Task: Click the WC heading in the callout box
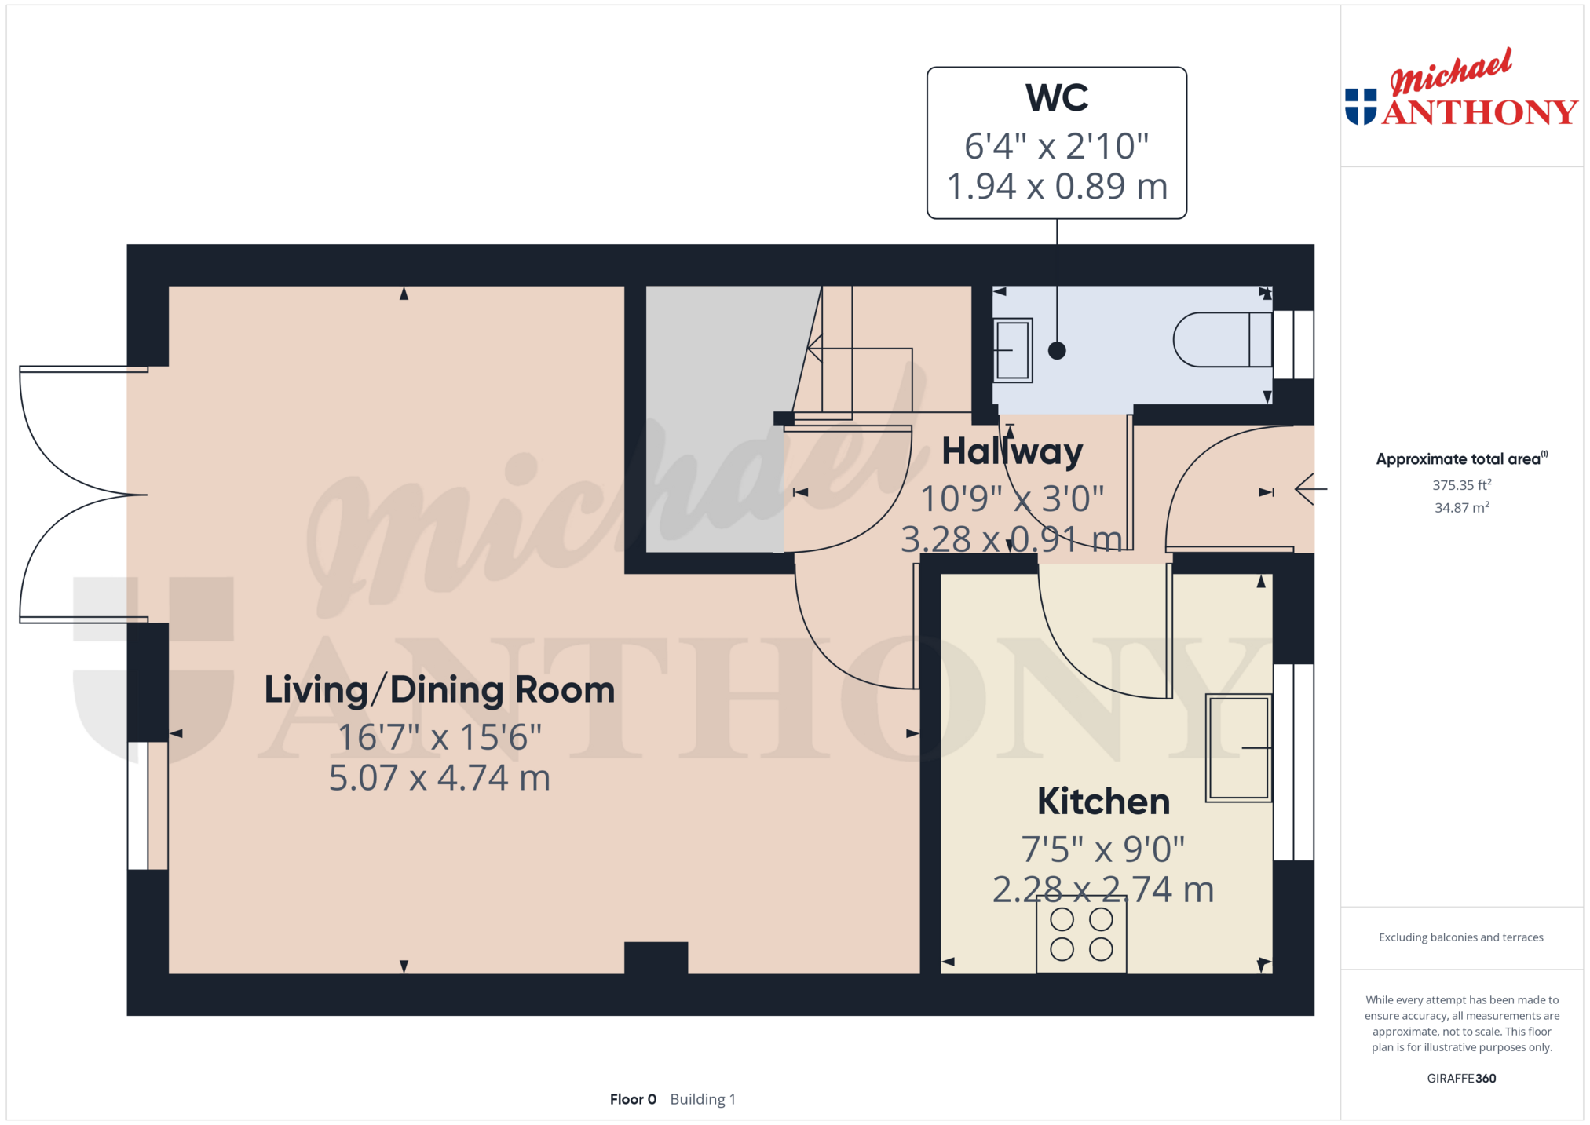click(x=1057, y=98)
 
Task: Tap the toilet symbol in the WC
click(x=1223, y=340)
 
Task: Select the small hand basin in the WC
click(x=1013, y=350)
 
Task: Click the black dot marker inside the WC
click(x=1057, y=351)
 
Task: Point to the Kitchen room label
click(x=1103, y=802)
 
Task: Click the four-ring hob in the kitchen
click(x=1081, y=934)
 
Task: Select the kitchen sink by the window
click(x=1239, y=747)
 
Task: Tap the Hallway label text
click(x=1012, y=451)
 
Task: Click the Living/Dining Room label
click(x=440, y=690)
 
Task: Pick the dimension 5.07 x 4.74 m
click(x=440, y=778)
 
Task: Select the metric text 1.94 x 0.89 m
click(x=1057, y=187)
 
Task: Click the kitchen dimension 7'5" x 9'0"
click(x=1103, y=849)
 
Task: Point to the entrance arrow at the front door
click(x=1310, y=489)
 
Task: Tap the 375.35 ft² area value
click(x=1461, y=485)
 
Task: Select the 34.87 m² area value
click(x=1461, y=508)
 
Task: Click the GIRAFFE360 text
click(x=1461, y=1079)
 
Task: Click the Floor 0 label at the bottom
click(x=633, y=1099)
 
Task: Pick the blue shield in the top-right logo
click(x=1361, y=107)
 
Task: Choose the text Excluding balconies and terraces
click(x=1461, y=937)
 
